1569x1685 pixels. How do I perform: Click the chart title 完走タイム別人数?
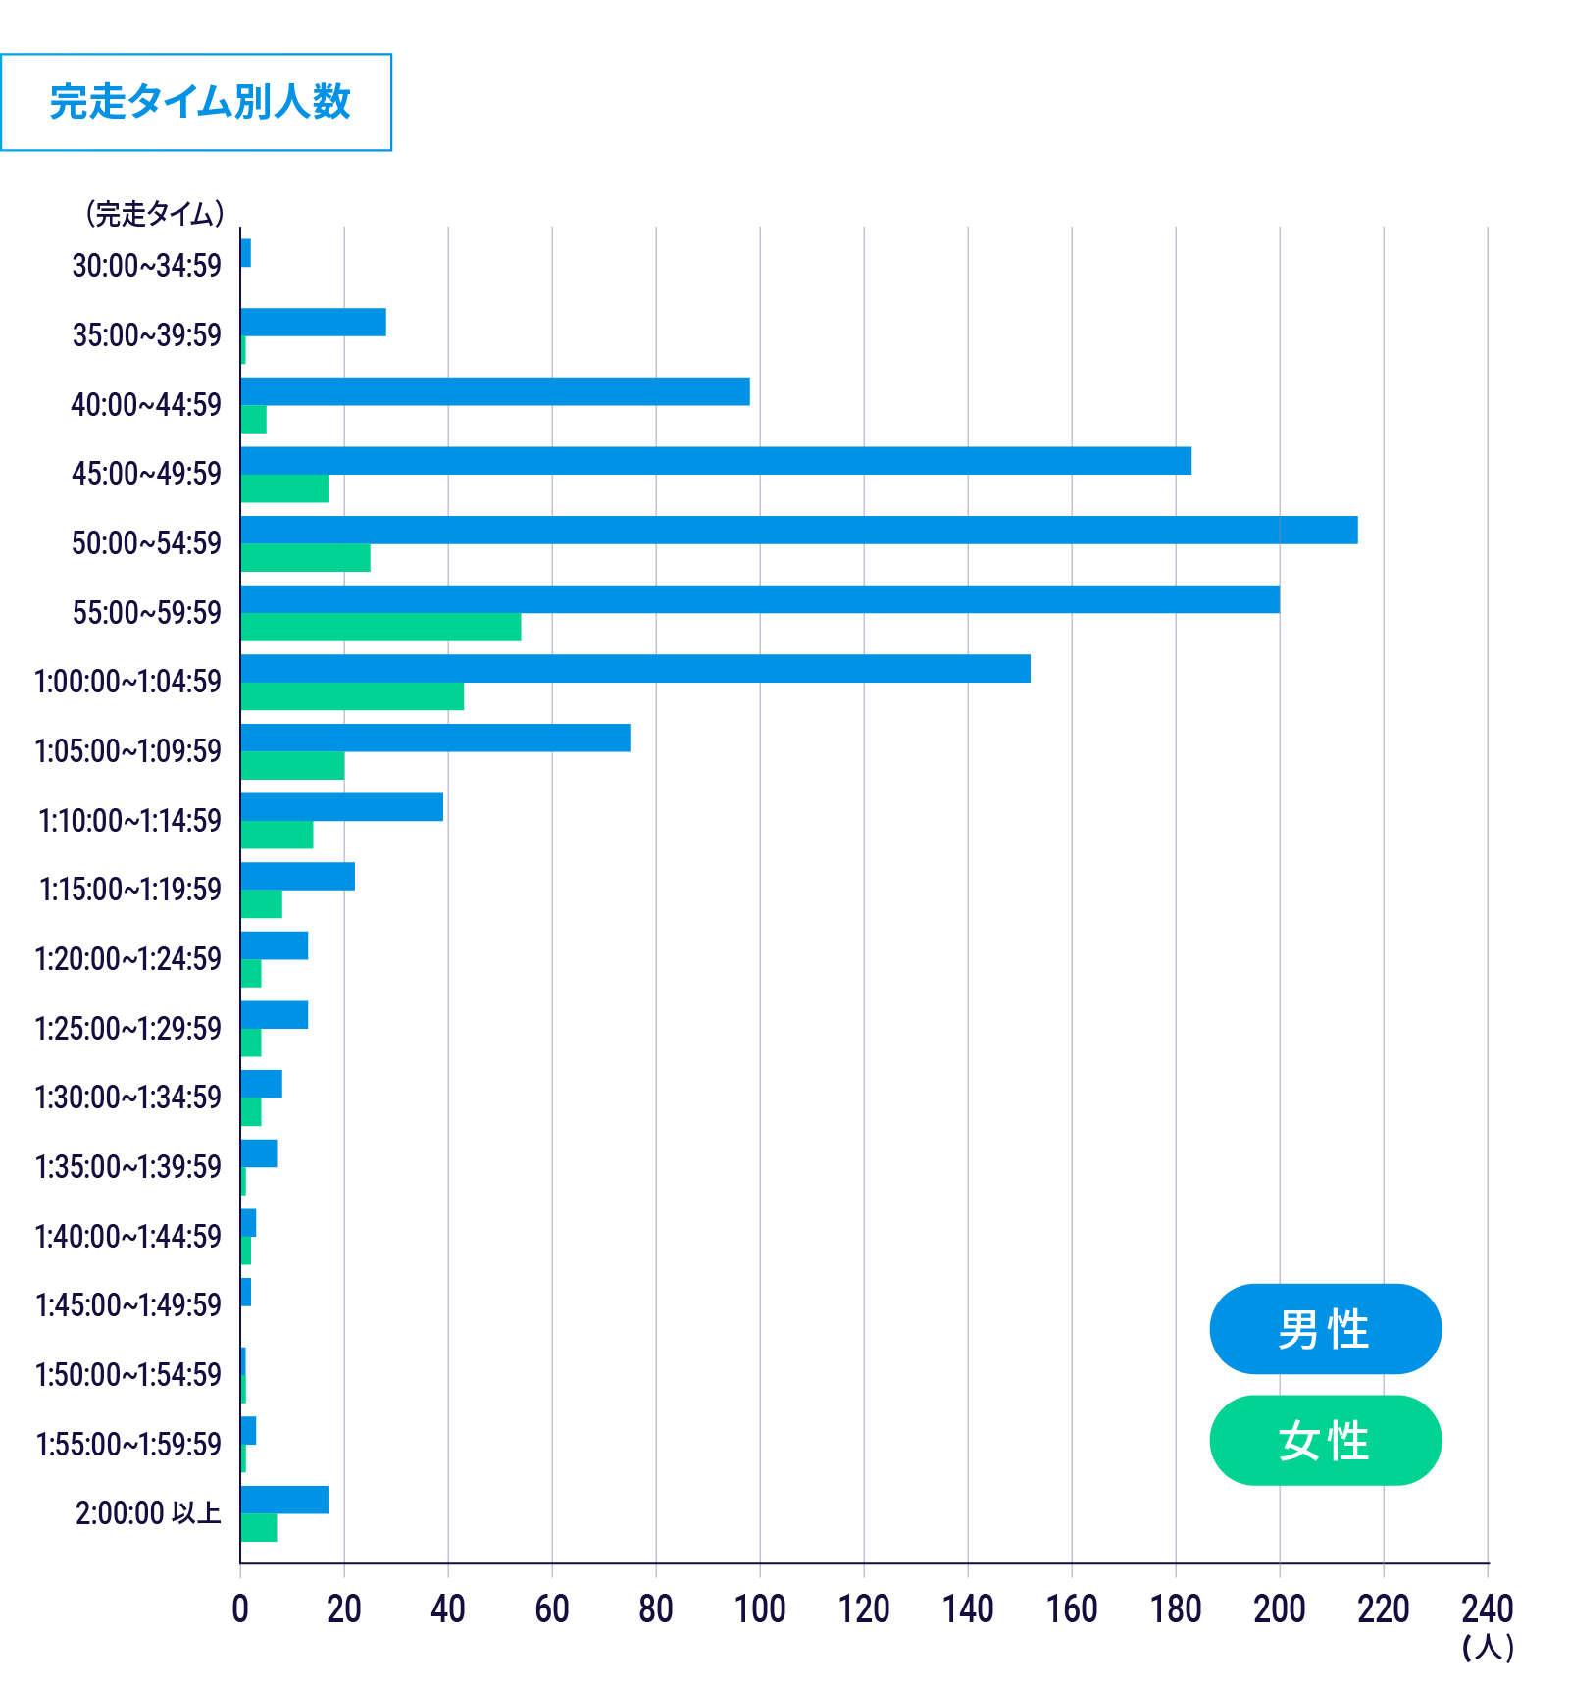click(199, 102)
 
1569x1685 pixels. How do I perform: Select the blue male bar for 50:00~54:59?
click(798, 530)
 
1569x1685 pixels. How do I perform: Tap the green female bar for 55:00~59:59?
click(380, 627)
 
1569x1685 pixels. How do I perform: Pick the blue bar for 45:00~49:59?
click(716, 461)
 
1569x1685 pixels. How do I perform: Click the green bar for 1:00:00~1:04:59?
click(352, 696)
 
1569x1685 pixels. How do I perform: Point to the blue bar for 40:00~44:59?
click(495, 391)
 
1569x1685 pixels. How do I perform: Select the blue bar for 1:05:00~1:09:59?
click(435, 738)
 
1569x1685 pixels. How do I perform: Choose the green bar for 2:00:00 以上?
click(259, 1528)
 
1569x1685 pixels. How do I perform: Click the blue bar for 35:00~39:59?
click(313, 322)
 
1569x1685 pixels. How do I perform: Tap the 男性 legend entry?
click(1325, 1329)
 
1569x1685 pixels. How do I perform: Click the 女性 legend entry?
click(1325, 1440)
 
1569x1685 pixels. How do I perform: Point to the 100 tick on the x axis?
click(760, 1608)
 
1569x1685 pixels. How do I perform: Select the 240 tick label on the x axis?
click(1487, 1608)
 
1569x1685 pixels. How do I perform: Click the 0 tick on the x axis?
click(240, 1608)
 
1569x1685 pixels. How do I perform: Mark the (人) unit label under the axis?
click(1488, 1647)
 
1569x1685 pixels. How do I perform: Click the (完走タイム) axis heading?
click(155, 213)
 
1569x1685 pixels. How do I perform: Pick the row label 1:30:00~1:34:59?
click(128, 1097)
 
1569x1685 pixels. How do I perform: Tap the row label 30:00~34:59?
click(147, 265)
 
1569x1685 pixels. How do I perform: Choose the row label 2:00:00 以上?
click(148, 1513)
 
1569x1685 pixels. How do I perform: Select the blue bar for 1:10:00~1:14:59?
click(341, 807)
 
